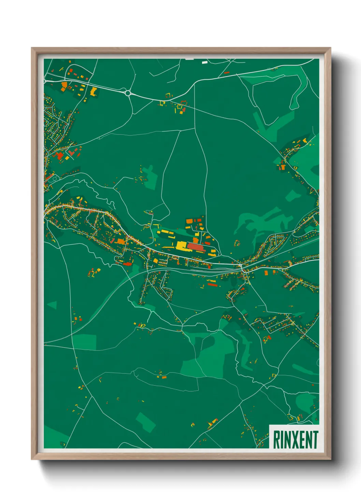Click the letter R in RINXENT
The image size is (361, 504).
pos(277,440)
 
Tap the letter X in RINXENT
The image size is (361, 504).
pos(294,440)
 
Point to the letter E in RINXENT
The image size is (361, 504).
pos(301,440)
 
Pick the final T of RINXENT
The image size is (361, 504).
pos(315,440)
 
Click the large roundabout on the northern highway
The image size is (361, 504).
pos(128,93)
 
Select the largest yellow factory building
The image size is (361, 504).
pos(181,246)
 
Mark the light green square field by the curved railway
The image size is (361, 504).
pos(85,342)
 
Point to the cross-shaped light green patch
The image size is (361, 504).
pos(149,176)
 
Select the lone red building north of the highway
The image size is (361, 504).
pos(227,73)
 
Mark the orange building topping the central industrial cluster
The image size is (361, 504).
pos(189,221)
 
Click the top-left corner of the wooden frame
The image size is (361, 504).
pos(32,48)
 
